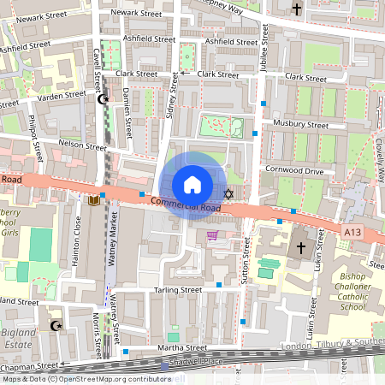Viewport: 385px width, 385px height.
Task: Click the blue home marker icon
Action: [x=192, y=185]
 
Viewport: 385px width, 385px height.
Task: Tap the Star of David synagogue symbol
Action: [x=228, y=193]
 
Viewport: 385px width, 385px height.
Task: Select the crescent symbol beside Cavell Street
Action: [x=104, y=99]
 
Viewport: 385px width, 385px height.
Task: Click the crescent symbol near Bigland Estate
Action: [x=57, y=325]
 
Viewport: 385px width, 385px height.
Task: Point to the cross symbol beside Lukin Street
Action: [x=300, y=249]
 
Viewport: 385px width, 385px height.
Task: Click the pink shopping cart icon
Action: [x=212, y=235]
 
